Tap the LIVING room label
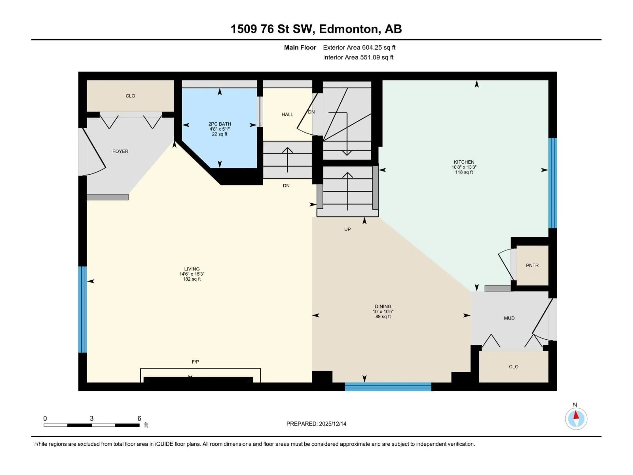click(x=192, y=269)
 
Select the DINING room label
click(x=383, y=306)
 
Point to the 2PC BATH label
click(x=220, y=124)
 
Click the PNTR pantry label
click(x=532, y=265)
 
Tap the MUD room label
click(x=509, y=318)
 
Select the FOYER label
click(x=120, y=151)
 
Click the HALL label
click(x=287, y=114)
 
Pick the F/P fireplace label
click(x=195, y=362)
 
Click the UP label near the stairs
click(x=347, y=229)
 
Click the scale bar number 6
click(x=139, y=418)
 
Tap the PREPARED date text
click(x=316, y=424)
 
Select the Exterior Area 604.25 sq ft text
click(x=359, y=47)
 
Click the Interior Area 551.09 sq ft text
click(x=358, y=57)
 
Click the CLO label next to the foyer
click(x=130, y=96)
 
